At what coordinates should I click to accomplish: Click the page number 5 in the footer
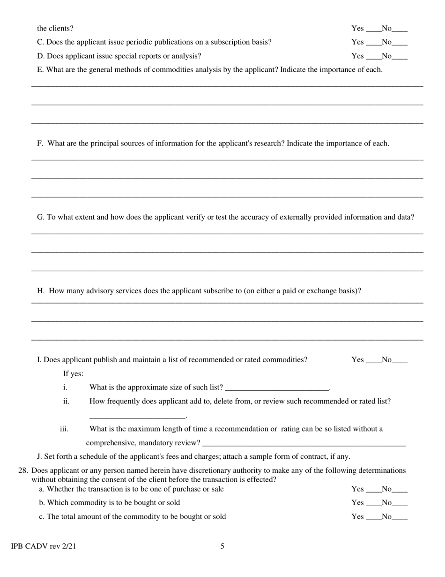pyautogui.click(x=222, y=546)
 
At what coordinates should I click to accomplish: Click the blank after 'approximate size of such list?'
pyautogui.click(x=277, y=388)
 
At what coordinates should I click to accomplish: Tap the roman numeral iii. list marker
pyautogui.click(x=64, y=429)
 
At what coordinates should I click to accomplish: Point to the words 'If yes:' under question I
pyautogui.click(x=74, y=374)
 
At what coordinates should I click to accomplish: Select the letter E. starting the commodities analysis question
pyautogui.click(x=40, y=70)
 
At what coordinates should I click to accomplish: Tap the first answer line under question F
pyautogui.click(x=227, y=160)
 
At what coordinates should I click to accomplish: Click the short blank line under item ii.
pyautogui.click(x=137, y=417)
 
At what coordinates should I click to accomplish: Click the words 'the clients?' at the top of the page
pyautogui.click(x=55, y=28)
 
